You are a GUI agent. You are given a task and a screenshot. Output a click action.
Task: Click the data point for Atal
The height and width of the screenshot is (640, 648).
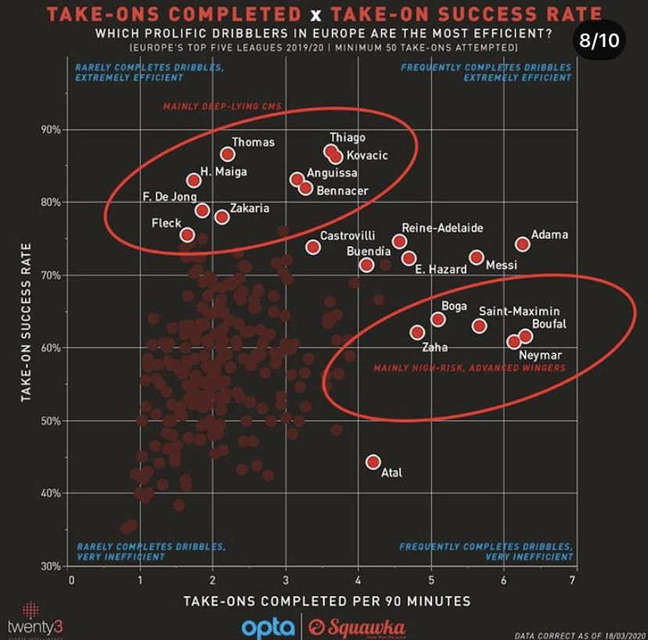tap(373, 462)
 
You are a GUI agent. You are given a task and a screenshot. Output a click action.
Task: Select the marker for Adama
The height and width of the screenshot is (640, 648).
tap(523, 244)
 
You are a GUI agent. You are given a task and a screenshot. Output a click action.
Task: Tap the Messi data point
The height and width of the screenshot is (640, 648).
tap(477, 257)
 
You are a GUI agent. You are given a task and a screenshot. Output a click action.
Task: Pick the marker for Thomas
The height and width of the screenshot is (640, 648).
tap(228, 154)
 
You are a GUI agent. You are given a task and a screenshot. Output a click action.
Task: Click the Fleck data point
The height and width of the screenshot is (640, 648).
tap(187, 235)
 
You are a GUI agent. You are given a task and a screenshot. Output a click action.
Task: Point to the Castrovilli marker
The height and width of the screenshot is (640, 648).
tap(313, 247)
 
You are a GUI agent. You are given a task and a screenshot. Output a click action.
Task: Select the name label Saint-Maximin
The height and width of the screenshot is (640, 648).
tap(519, 311)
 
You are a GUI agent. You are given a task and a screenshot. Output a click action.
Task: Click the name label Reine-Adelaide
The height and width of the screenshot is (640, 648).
tap(442, 228)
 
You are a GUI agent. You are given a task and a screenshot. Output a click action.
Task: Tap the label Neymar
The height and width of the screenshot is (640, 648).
tap(540, 355)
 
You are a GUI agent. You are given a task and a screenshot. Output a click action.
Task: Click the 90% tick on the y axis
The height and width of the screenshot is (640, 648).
tap(51, 129)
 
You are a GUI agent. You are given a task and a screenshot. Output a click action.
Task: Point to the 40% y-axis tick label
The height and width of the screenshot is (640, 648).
tap(51, 493)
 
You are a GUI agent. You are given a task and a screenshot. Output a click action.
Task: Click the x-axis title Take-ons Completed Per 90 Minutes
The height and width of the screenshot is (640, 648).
tap(326, 601)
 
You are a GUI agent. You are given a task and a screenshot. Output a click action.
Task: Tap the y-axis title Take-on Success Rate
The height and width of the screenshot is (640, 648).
tap(26, 321)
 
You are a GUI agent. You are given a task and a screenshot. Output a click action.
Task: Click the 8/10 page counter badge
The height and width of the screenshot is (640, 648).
tap(599, 41)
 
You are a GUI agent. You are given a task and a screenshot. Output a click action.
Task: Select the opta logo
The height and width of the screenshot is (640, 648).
tap(268, 627)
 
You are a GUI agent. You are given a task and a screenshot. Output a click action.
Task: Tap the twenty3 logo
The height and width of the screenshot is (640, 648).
tap(30, 620)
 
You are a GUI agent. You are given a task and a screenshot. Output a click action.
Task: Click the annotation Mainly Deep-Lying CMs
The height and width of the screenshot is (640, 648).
tap(221, 106)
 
